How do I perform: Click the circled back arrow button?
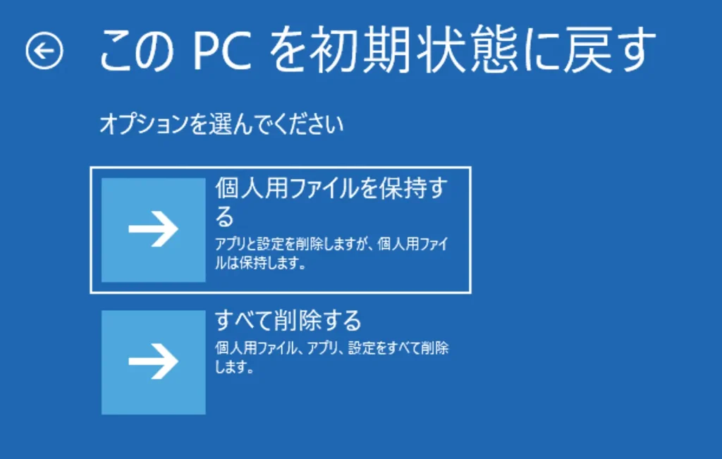[x=44, y=51]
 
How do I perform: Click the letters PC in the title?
[x=222, y=50]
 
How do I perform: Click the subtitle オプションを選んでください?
[x=221, y=124]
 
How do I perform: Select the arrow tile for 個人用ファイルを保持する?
[x=153, y=230]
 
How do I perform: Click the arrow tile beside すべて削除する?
[x=153, y=362]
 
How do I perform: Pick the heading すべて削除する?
[x=288, y=320]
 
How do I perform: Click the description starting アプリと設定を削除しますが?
[x=331, y=253]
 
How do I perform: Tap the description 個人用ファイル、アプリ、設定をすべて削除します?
[x=331, y=357]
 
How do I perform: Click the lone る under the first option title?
[x=225, y=217]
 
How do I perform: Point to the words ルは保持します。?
[x=261, y=263]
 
